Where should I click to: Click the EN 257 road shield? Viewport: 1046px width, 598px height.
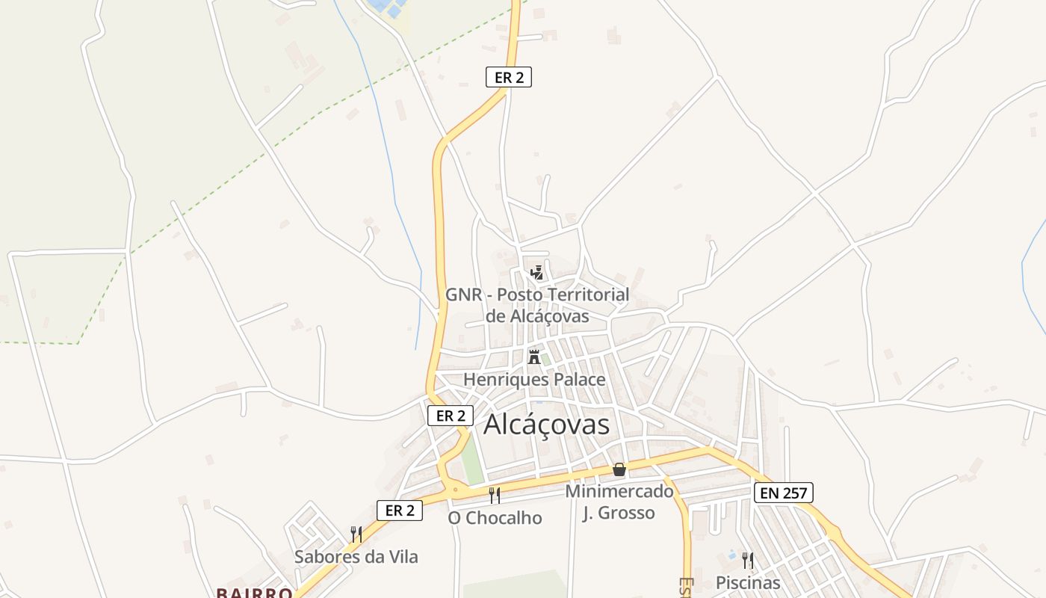pyautogui.click(x=782, y=493)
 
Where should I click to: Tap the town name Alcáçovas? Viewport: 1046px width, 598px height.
pyautogui.click(x=546, y=425)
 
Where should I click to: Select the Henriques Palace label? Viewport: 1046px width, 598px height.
pyautogui.click(x=534, y=380)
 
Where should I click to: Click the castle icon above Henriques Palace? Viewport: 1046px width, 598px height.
pyautogui.click(x=534, y=356)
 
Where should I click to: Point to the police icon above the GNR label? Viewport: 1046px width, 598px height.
pyautogui.click(x=536, y=273)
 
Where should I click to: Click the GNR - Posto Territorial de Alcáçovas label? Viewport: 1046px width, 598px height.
pyautogui.click(x=537, y=305)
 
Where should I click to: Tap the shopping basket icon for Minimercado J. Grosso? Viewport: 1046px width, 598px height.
pyautogui.click(x=619, y=469)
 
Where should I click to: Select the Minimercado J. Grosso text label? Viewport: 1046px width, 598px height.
pyautogui.click(x=619, y=502)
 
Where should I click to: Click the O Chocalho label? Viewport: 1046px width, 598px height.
pyautogui.click(x=495, y=518)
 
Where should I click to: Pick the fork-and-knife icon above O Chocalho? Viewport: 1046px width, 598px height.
pyautogui.click(x=494, y=495)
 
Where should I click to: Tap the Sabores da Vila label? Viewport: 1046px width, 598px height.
pyautogui.click(x=356, y=557)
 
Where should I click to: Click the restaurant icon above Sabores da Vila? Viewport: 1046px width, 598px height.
pyautogui.click(x=356, y=534)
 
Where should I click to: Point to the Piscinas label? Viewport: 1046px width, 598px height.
pyautogui.click(x=747, y=583)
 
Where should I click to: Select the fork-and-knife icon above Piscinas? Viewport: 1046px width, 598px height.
pyautogui.click(x=747, y=561)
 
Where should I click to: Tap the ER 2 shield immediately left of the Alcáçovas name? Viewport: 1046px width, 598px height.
pyautogui.click(x=451, y=416)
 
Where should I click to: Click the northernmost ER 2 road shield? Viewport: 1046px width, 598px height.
pyautogui.click(x=509, y=77)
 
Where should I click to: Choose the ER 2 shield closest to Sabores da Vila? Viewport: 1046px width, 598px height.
pyautogui.click(x=400, y=511)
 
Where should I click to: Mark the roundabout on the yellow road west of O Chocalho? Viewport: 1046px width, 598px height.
pyautogui.click(x=454, y=490)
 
